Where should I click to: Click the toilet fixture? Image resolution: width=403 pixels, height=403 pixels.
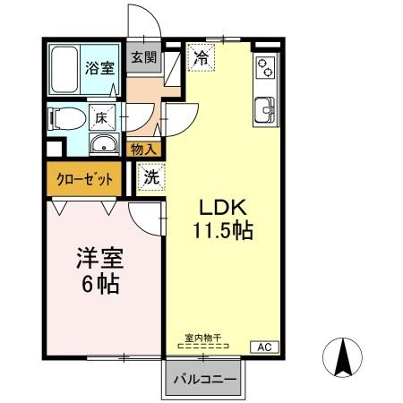click(x=64, y=116)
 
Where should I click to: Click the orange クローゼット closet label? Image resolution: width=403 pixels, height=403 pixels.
click(x=85, y=178)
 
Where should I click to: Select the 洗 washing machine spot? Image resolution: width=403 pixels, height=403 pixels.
click(x=151, y=177)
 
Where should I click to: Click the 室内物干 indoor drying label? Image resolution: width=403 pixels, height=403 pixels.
click(x=203, y=338)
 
